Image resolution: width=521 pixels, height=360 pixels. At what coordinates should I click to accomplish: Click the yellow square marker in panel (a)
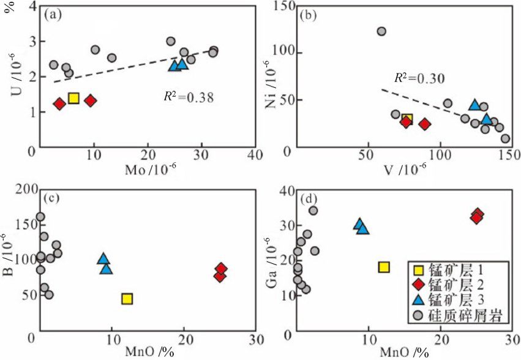tap(73, 98)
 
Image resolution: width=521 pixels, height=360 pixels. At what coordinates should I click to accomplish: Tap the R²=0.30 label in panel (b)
tap(419, 78)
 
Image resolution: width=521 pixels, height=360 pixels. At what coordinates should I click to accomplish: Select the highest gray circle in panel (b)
tap(381, 31)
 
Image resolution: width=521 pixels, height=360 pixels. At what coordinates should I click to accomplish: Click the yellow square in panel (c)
tap(127, 299)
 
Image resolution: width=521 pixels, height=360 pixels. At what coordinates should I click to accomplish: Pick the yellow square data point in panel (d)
tap(384, 267)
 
